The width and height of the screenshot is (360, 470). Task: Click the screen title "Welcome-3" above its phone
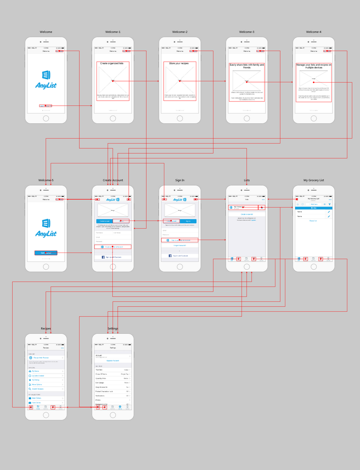[x=247, y=32]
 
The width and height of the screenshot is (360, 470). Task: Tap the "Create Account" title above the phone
[x=113, y=181]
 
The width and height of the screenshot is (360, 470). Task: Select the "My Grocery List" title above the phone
[x=313, y=181]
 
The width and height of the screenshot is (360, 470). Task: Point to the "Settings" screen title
[x=113, y=329]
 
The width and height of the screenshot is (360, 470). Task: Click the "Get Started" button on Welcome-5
[x=46, y=253]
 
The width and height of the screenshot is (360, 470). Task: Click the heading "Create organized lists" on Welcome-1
[x=113, y=63]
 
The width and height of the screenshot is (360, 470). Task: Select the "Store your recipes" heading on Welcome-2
[x=180, y=63]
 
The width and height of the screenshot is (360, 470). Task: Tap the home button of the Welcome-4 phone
[x=313, y=118]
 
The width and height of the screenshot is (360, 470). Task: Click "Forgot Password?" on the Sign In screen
[x=180, y=245]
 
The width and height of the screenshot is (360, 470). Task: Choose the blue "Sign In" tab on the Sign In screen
[x=188, y=221]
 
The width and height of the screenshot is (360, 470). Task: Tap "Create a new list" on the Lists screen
[x=247, y=214]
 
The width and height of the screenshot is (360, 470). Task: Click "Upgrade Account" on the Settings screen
[x=113, y=360]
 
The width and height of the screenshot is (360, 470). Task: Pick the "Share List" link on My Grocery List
[x=313, y=221]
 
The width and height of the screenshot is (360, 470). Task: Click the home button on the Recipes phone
[x=46, y=415]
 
